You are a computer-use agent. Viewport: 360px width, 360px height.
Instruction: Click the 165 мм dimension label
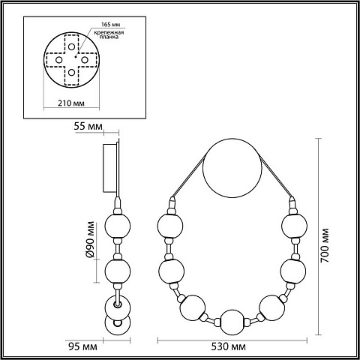pyautogui.click(x=110, y=25)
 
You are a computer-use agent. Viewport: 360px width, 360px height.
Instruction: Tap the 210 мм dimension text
pyautogui.click(x=71, y=103)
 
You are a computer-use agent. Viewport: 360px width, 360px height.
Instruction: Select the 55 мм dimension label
pyautogui.click(x=88, y=127)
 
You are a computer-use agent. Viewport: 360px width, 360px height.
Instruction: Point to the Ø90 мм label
pyautogui.click(x=90, y=239)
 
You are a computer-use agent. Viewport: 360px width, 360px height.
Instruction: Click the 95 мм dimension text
pyautogui.click(x=82, y=346)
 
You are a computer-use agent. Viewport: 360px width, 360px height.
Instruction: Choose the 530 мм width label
pyautogui.click(x=229, y=346)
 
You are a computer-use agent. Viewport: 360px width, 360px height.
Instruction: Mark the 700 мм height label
pyautogui.click(x=325, y=245)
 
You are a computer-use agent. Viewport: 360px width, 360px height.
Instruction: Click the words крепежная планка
pyautogui.click(x=109, y=34)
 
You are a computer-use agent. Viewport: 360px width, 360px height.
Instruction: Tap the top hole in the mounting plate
pyautogui.click(x=72, y=46)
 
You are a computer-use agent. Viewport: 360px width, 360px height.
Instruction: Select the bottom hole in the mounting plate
pyautogui.click(x=72, y=73)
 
